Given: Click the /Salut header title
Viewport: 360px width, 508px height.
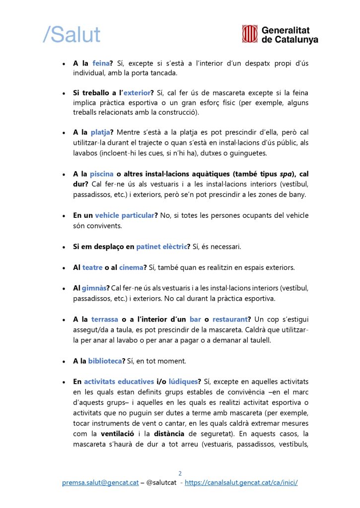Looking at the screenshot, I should [72, 34].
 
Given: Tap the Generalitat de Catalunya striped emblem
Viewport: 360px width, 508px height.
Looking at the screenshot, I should [250, 34].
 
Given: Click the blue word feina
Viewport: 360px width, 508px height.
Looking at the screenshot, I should [101, 63].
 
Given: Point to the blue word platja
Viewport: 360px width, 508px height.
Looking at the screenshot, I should [100, 132].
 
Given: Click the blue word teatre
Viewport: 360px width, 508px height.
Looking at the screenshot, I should [92, 267].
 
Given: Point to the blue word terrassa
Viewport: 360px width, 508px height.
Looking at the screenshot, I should [105, 319].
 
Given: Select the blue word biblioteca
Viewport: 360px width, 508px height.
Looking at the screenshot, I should [105, 361].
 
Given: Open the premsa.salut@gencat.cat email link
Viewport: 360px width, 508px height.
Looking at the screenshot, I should [100, 483].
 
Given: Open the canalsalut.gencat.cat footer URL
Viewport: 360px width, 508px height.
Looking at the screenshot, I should [241, 483].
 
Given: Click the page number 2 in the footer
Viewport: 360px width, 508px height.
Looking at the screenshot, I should [180, 473].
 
